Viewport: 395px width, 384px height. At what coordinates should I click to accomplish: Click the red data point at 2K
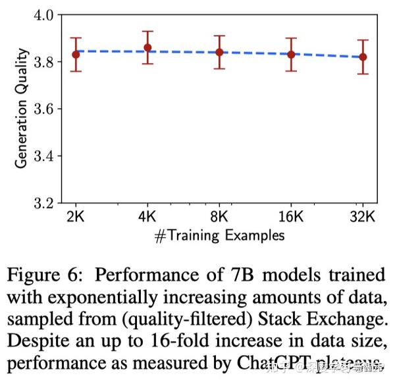pos(76,54)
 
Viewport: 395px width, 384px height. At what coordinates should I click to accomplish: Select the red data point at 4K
pos(147,47)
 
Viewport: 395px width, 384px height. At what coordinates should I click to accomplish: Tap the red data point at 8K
pos(220,52)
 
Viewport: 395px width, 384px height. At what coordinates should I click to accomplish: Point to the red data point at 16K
pos(292,54)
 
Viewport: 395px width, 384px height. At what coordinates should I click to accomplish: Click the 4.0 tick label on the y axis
pos(43,14)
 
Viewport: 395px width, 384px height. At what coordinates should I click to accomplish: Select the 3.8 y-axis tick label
pos(43,62)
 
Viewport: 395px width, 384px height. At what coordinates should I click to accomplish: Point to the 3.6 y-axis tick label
pos(43,109)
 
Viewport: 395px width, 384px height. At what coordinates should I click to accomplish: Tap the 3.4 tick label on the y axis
pos(43,155)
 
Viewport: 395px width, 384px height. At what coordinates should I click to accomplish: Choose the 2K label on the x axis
pos(76,216)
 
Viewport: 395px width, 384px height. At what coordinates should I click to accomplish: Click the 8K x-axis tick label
pos(220,216)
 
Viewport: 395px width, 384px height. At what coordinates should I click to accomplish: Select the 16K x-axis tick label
pos(292,216)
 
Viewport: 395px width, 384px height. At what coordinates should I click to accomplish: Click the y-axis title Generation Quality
pos(21,108)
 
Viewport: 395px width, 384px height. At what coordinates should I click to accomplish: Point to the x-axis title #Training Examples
pos(219,235)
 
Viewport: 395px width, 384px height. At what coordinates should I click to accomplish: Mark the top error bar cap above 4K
pos(147,31)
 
